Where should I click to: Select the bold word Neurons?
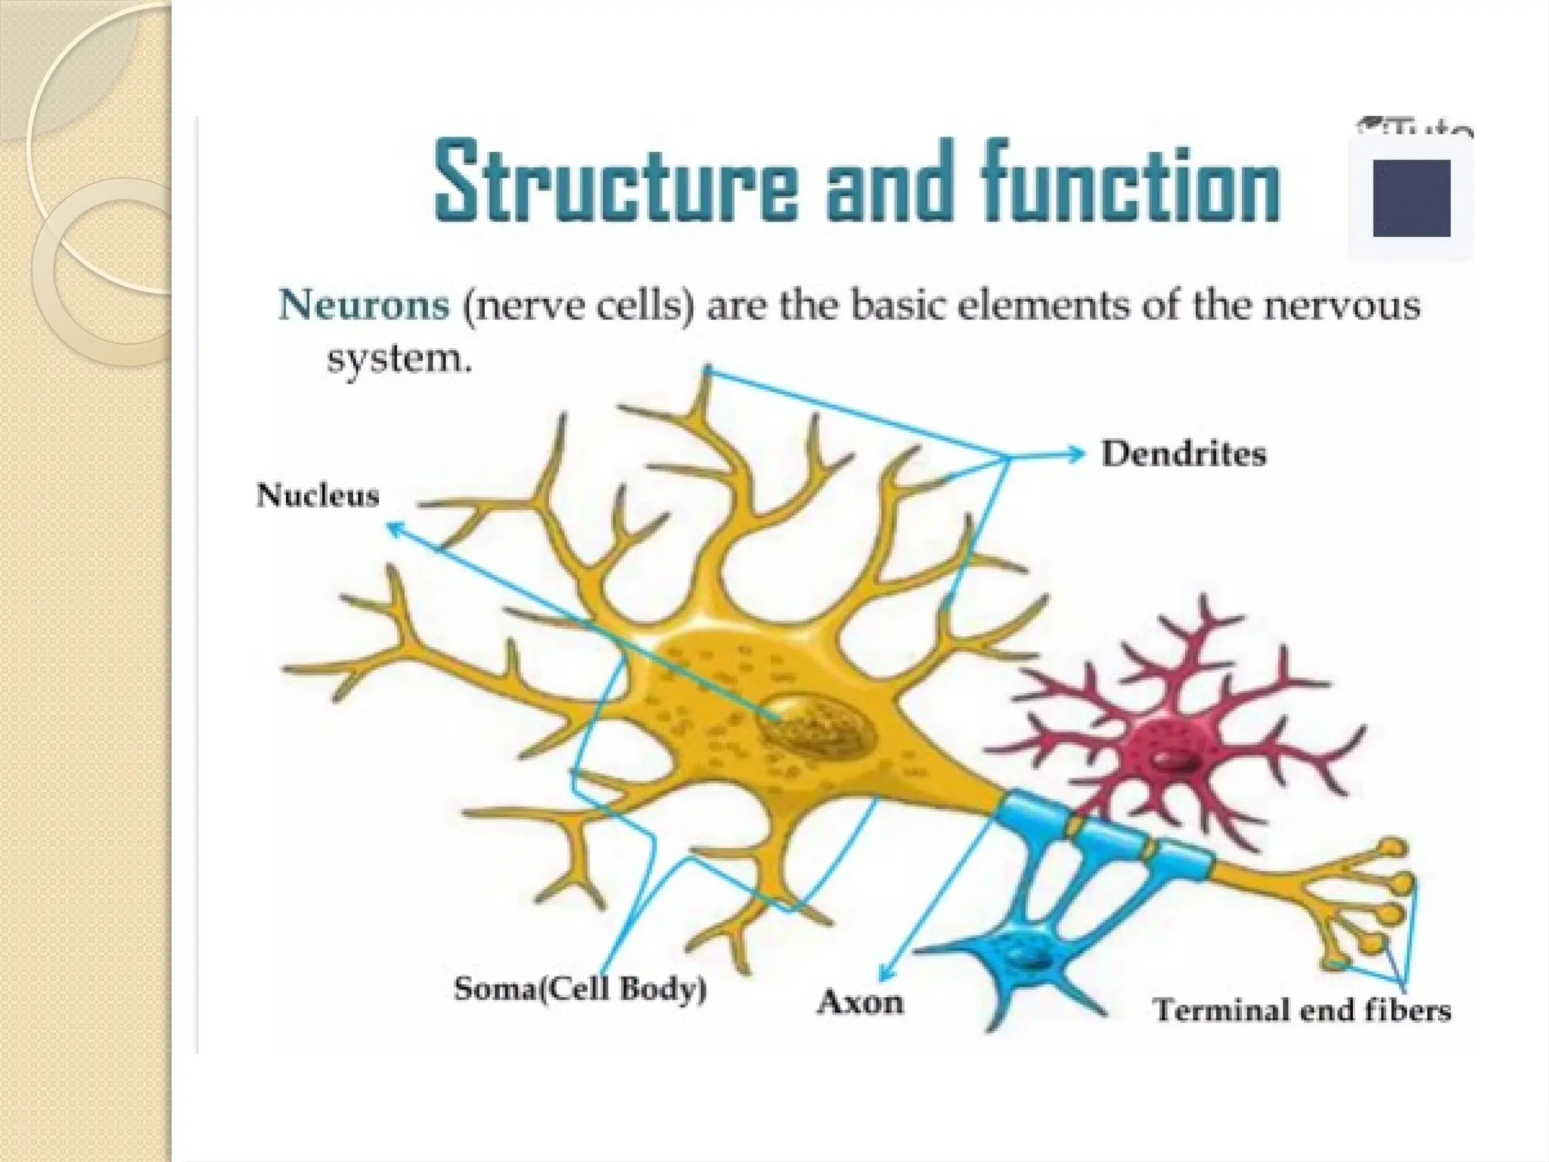click(364, 307)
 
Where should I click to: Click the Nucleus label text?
click(318, 496)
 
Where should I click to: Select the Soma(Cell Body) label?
click(580, 990)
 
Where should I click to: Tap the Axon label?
click(861, 1003)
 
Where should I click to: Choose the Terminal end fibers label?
click(1302, 1011)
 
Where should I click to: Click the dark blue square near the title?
click(1411, 198)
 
